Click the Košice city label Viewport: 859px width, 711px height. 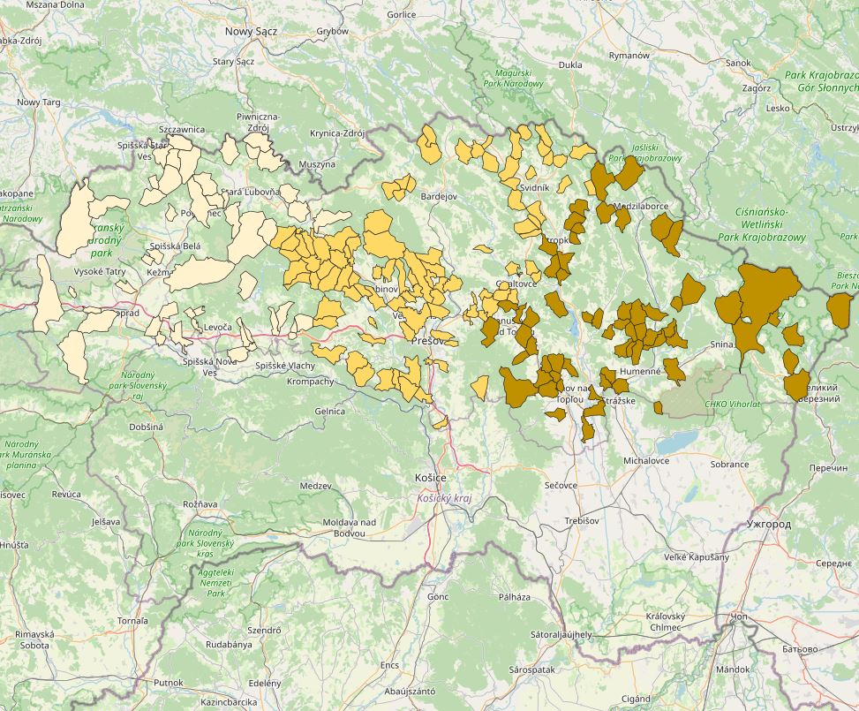(x=430, y=478)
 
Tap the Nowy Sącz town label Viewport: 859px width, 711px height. (x=251, y=31)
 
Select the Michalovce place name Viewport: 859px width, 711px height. (x=646, y=460)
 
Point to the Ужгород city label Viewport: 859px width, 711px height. (x=768, y=524)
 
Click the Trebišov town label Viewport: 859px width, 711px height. (x=582, y=521)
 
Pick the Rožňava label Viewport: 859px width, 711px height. (x=200, y=503)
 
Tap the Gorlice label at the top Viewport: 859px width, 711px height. (x=401, y=15)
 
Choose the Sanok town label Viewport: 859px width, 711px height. (x=737, y=64)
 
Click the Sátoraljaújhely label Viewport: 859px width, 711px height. (x=561, y=634)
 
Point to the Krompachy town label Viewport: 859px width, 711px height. (x=311, y=382)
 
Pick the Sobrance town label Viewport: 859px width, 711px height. (x=730, y=464)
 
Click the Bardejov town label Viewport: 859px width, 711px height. (x=440, y=195)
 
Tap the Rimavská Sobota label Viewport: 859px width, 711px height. (x=34, y=639)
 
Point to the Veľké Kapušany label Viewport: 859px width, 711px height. (x=697, y=556)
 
